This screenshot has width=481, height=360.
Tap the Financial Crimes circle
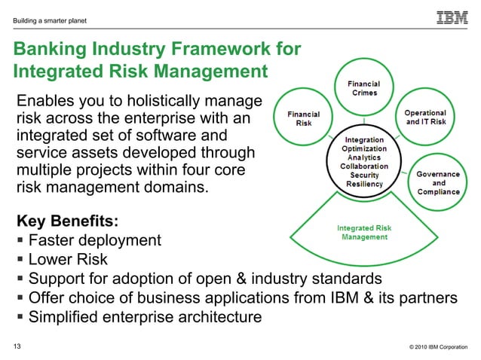coord(363,88)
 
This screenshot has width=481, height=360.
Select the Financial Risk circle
coord(303,118)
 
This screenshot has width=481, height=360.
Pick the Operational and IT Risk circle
coord(426,117)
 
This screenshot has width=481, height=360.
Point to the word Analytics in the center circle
coord(364,157)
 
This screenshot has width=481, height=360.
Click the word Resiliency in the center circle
coord(364,184)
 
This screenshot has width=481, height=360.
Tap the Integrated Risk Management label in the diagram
coord(363,232)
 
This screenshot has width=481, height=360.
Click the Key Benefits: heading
coord(67,221)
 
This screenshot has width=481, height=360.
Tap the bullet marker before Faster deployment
coord(19,241)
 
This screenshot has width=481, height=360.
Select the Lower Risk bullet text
coord(68,260)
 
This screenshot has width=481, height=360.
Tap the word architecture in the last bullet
coord(220,317)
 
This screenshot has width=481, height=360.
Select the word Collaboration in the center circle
coord(364,166)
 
